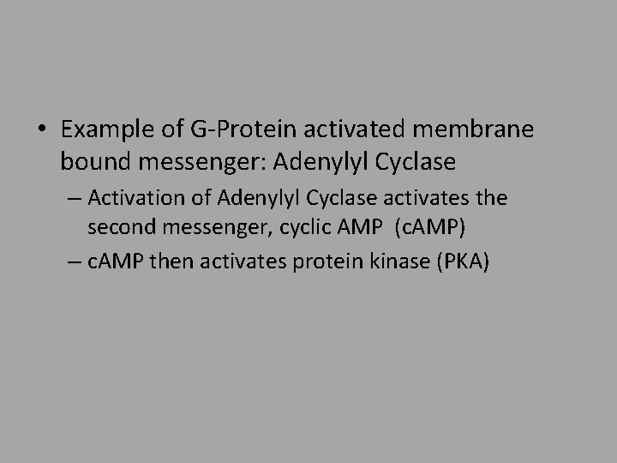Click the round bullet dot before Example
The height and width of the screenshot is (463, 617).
[42, 131]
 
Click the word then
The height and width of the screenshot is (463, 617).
[169, 262]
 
